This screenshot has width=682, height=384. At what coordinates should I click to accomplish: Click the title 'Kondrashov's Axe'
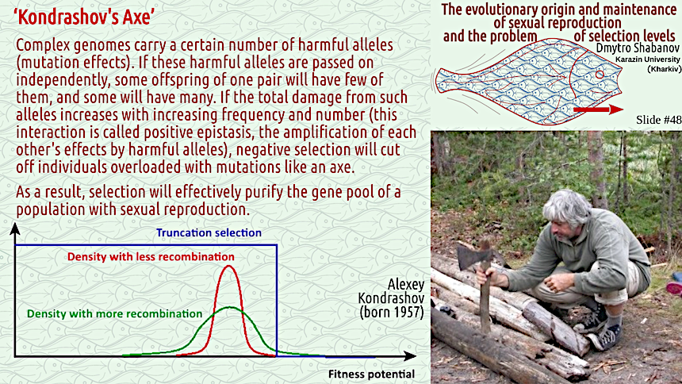point(84,17)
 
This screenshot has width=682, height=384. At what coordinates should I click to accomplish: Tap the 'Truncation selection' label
point(209,233)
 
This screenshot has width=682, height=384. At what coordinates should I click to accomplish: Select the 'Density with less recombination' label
point(151,257)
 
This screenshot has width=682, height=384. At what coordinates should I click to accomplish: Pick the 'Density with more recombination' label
point(114,313)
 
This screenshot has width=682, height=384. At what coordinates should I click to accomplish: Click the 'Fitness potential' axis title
point(371,374)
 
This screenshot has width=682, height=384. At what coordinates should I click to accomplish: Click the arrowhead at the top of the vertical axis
point(15,228)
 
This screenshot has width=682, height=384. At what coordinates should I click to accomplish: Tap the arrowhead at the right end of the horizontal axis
point(410,356)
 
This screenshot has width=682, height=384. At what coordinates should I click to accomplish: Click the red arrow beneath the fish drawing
point(599,109)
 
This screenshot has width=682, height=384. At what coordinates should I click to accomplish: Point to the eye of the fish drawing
point(600,75)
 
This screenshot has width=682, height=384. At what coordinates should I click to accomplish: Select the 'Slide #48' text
point(658,120)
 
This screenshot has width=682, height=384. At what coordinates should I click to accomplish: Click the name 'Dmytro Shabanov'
point(638,48)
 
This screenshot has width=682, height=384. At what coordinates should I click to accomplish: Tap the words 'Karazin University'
point(648,60)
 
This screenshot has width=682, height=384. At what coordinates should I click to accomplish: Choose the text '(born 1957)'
point(392,312)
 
